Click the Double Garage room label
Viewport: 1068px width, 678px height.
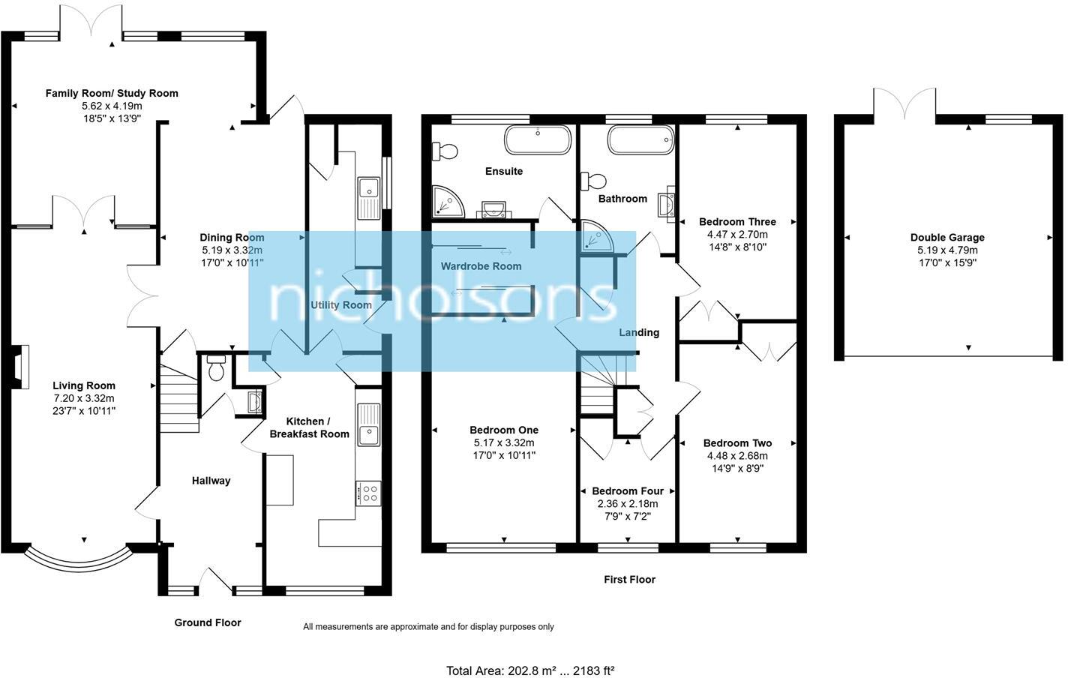coord(947,238)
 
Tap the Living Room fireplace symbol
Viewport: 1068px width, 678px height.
coord(20,367)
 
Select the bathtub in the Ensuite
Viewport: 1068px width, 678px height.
coord(538,139)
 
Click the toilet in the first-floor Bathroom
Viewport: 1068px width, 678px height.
coord(594,181)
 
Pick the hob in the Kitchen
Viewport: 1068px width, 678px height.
coord(369,493)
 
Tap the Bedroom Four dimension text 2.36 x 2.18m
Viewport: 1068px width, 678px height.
coord(628,504)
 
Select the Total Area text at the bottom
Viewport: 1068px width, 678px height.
coord(530,670)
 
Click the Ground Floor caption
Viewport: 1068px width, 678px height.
coord(208,622)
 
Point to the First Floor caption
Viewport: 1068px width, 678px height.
coord(629,580)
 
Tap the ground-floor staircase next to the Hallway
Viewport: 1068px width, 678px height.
coord(178,394)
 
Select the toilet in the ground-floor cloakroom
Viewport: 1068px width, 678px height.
coord(217,368)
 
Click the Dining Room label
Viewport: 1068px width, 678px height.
coord(232,238)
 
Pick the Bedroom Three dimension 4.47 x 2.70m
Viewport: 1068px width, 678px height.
coord(737,234)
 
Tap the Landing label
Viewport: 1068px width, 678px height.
coord(639,332)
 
